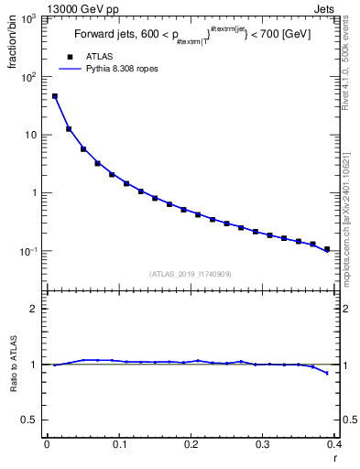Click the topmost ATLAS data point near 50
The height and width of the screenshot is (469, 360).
point(55,96)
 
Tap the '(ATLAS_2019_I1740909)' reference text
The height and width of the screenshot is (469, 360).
point(190,274)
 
